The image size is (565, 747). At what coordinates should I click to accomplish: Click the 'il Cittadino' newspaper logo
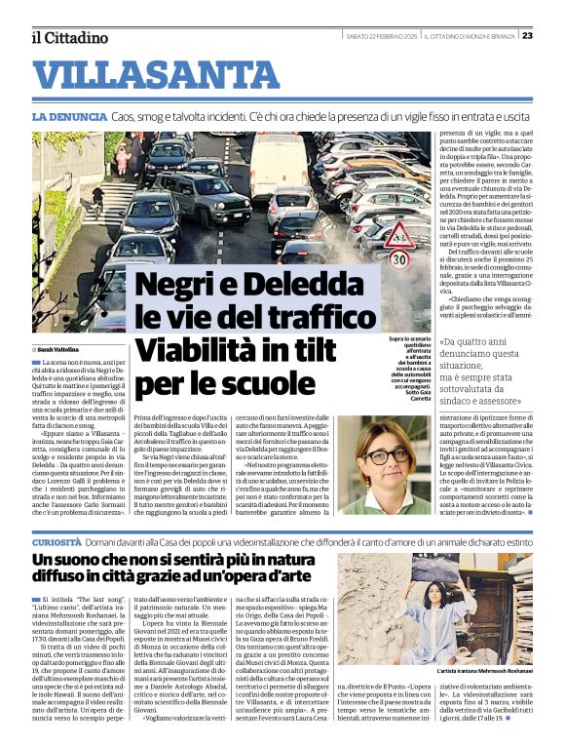point(68,37)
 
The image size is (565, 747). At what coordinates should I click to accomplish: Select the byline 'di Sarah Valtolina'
point(56,348)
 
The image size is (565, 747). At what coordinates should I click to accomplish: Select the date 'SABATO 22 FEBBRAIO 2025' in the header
point(382,36)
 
